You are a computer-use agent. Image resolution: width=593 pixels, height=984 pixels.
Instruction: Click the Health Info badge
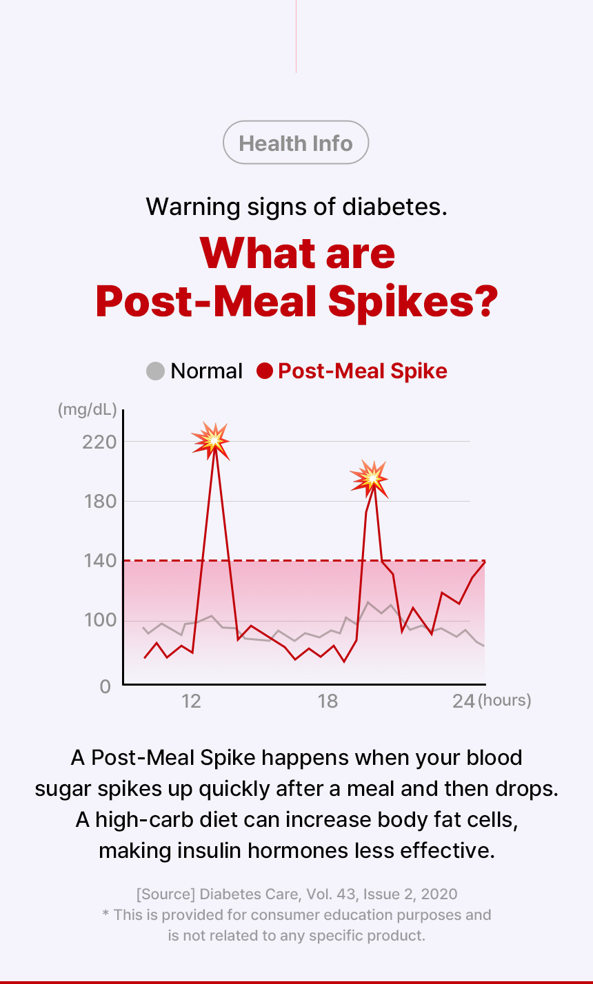(x=296, y=143)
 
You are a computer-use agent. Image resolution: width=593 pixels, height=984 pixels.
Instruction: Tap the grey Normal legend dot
(x=156, y=371)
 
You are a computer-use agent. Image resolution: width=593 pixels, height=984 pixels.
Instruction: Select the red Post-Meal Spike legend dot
(x=265, y=371)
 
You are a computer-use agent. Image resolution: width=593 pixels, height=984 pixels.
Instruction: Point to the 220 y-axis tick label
(x=98, y=442)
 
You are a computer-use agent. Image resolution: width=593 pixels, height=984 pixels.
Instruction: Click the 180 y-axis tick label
(x=98, y=501)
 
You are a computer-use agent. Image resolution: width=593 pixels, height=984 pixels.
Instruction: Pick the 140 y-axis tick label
(x=98, y=560)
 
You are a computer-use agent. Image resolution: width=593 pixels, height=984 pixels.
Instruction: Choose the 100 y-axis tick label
(x=98, y=620)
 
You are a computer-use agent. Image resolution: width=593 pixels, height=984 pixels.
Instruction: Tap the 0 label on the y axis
(x=105, y=686)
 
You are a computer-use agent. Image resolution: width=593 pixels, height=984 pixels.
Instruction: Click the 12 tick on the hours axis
(x=191, y=701)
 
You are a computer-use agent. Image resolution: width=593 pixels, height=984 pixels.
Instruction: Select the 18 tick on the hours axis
(x=328, y=701)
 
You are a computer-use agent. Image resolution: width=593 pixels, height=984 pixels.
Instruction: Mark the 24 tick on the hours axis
(x=463, y=701)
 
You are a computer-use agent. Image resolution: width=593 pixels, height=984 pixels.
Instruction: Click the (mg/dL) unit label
(x=88, y=410)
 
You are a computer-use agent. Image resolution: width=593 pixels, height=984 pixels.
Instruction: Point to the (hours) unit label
(x=505, y=701)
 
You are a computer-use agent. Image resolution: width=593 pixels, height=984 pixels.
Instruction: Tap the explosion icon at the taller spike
(x=210, y=440)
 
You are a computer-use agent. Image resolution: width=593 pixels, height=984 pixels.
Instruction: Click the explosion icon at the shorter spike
(x=370, y=478)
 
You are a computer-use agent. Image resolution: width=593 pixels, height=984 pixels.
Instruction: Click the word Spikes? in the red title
(x=412, y=301)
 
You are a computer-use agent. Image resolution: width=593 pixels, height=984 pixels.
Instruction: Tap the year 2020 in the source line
(x=439, y=894)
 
